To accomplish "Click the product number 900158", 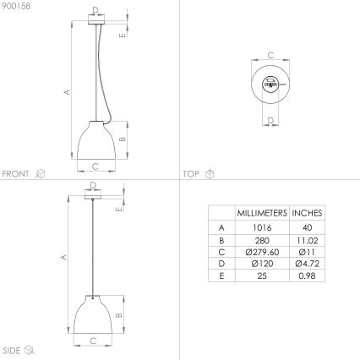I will tap(14, 5).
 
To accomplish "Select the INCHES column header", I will tap(307, 213).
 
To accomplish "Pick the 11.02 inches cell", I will tap(307, 239).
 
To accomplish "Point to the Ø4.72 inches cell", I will tap(307, 264).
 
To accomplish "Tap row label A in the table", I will tap(221, 227).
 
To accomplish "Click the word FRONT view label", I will tap(16, 173).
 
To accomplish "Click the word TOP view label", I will tap(191, 173).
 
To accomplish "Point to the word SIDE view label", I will tap(12, 349).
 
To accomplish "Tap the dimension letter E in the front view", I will tap(123, 35).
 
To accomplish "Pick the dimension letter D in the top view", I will tap(270, 120).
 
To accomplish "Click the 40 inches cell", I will tap(307, 227).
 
